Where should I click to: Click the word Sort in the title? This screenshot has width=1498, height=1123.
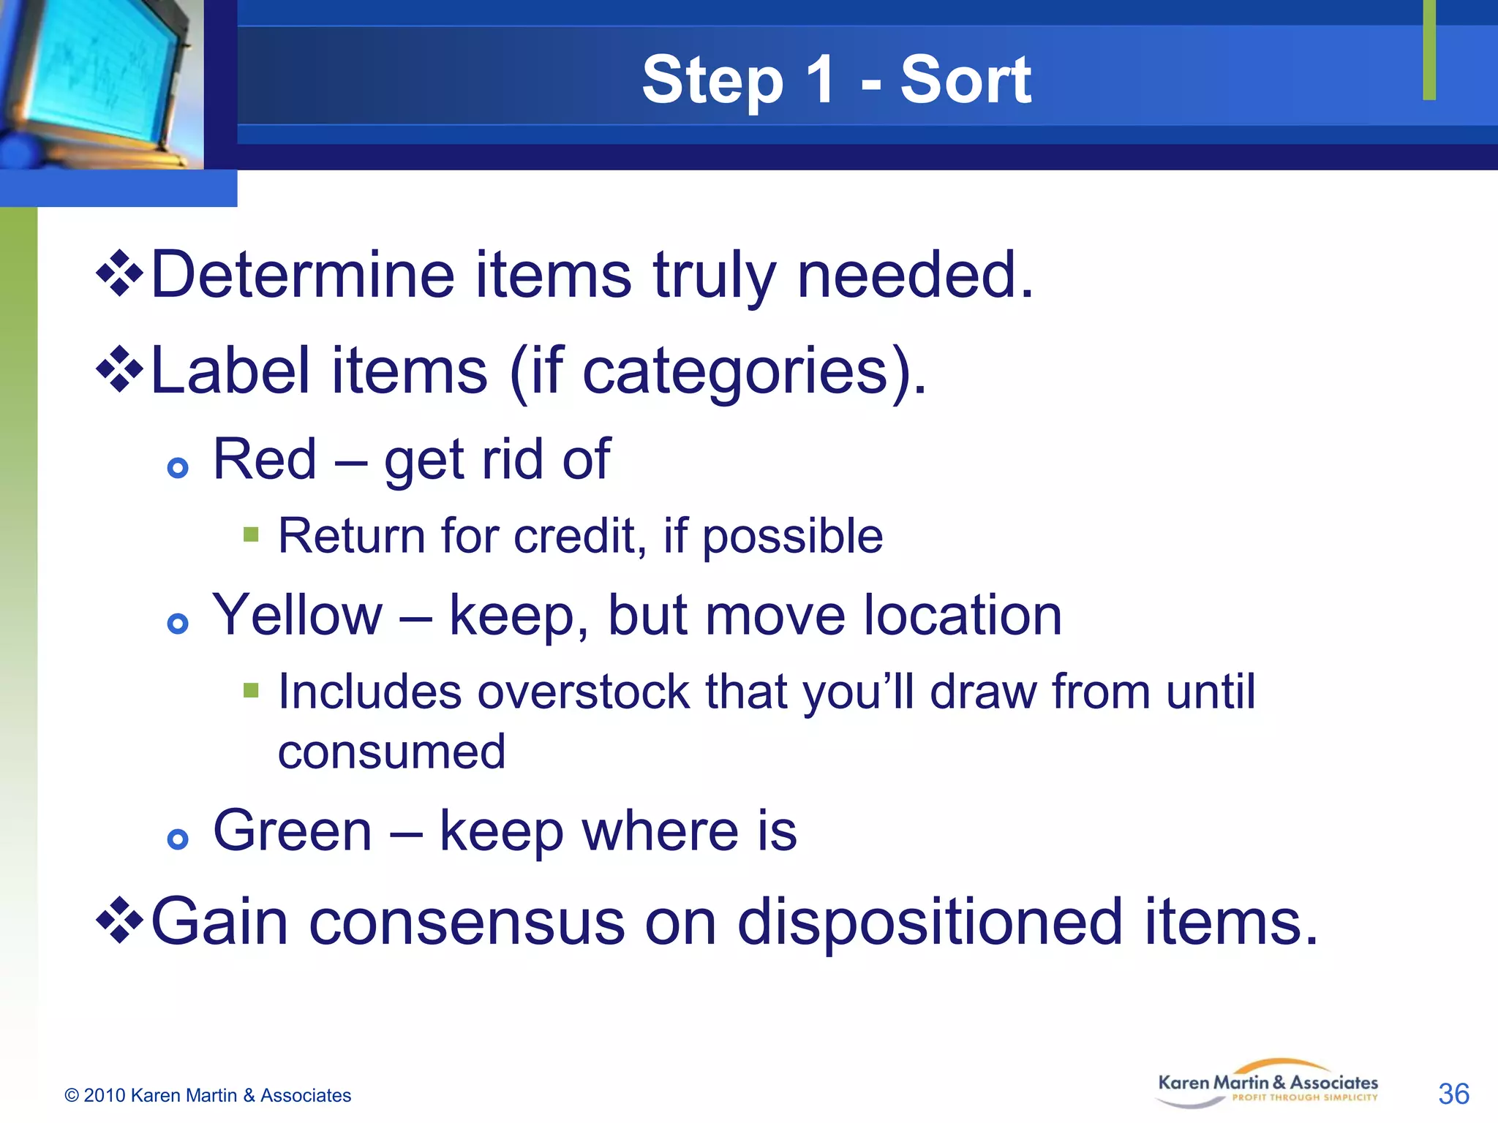[965, 80]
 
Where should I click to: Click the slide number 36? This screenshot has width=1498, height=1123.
[1453, 1094]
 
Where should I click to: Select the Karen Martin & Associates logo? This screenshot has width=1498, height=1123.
[1268, 1084]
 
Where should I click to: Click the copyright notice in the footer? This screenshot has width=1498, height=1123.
[208, 1095]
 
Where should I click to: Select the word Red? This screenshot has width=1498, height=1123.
[264, 460]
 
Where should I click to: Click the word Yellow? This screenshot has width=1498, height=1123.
[297, 616]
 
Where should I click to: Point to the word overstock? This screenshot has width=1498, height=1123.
[583, 692]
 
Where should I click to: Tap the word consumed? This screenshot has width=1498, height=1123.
[391, 752]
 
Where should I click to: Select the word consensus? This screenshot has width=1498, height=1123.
[467, 922]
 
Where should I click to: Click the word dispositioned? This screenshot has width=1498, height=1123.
[930, 922]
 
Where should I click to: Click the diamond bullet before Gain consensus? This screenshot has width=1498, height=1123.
[119, 920]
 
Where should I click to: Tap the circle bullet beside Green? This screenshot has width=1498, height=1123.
[178, 839]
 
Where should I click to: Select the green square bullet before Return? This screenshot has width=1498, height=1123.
[251, 534]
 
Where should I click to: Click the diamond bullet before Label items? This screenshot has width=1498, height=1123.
[119, 369]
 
